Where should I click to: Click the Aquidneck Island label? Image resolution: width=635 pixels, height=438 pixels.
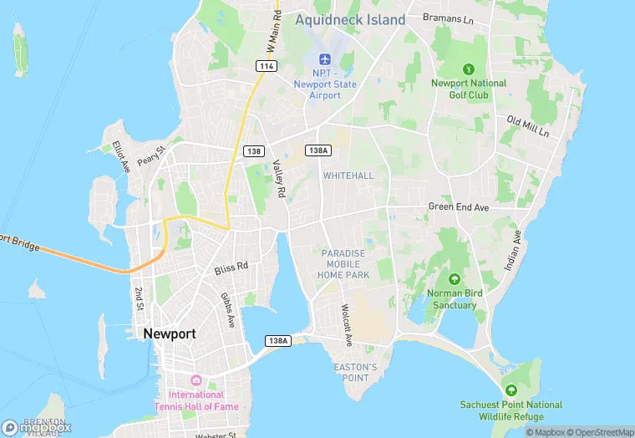click(350, 19)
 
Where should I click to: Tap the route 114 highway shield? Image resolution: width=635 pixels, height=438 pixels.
click(267, 65)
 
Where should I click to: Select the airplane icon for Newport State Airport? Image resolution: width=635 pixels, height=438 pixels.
click(324, 60)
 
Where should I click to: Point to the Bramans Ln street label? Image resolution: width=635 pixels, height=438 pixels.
click(448, 17)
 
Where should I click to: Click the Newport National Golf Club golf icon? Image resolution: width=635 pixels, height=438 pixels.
click(469, 68)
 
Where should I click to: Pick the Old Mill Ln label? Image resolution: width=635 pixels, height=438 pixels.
click(527, 126)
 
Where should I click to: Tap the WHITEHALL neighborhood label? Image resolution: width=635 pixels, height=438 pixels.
click(348, 176)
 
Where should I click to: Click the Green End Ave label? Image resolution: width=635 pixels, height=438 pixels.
click(458, 206)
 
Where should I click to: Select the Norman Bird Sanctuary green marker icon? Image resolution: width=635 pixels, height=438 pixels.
click(455, 278)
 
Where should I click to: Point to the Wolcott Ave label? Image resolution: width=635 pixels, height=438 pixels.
click(347, 325)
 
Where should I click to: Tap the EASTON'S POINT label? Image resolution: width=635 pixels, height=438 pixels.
click(355, 372)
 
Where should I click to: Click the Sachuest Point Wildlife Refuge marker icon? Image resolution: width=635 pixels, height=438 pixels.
click(511, 390)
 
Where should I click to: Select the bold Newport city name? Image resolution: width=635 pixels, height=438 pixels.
click(170, 334)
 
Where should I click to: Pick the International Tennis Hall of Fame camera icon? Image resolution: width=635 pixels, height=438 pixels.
click(196, 380)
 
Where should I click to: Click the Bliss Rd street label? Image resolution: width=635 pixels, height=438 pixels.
click(231, 268)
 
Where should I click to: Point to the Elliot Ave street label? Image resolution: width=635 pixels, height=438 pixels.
click(121, 155)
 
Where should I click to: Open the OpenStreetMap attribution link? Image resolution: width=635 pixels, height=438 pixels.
click(600, 432)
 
